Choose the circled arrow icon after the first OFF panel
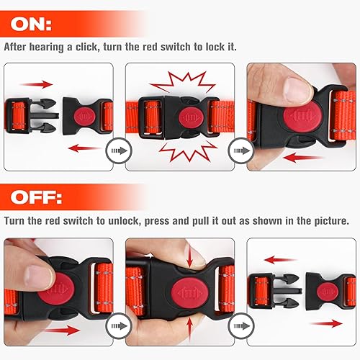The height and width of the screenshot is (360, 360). click(x=115, y=328)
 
